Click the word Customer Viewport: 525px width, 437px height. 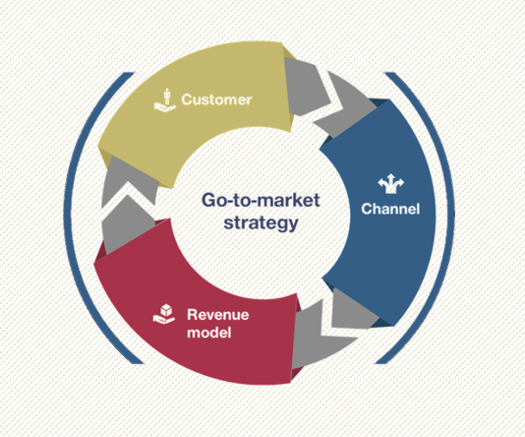coord(216,99)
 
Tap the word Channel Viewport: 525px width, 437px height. coord(390,209)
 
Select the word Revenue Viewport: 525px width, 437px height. coord(218,315)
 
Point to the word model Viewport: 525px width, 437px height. coord(209,333)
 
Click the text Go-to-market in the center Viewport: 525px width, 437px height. coord(261,200)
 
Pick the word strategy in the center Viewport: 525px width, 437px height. coord(261,222)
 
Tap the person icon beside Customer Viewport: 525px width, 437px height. coord(165,99)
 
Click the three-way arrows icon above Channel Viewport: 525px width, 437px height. coord(390,183)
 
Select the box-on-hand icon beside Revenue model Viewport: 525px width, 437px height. coord(164,314)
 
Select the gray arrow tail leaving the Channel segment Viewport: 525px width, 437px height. coord(352,310)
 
